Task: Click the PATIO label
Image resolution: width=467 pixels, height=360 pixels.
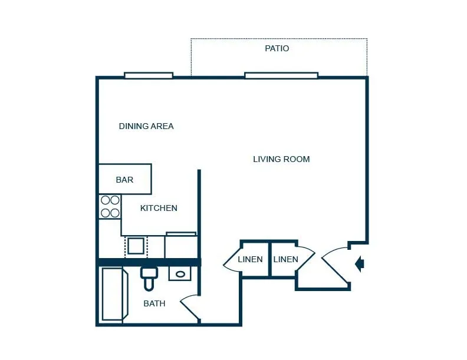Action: pyautogui.click(x=277, y=48)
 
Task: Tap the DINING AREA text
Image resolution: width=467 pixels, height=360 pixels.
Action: pyautogui.click(x=146, y=126)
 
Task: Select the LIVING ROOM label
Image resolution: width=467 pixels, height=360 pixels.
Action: pyautogui.click(x=281, y=159)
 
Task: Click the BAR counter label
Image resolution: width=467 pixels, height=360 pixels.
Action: pyautogui.click(x=124, y=180)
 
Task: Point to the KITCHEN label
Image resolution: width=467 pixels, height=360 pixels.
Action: pyautogui.click(x=159, y=208)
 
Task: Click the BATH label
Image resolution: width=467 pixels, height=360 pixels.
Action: pyautogui.click(x=154, y=303)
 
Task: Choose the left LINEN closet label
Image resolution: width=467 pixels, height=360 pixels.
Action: pyautogui.click(x=250, y=259)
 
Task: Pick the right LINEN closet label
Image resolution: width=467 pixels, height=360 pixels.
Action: pyautogui.click(x=285, y=259)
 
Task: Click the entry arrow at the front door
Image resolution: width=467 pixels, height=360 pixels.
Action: pyautogui.click(x=360, y=263)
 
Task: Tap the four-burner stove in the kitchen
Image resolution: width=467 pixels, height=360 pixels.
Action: pyautogui.click(x=110, y=206)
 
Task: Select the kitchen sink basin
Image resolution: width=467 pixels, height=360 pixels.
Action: pyautogui.click(x=136, y=246)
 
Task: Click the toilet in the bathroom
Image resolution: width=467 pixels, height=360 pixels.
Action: pyautogui.click(x=149, y=278)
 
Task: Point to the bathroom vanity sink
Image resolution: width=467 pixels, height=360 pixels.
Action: pyautogui.click(x=180, y=273)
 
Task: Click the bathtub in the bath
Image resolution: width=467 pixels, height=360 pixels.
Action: pyautogui.click(x=115, y=294)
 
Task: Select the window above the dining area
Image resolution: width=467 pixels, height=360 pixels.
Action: pyautogui.click(x=149, y=75)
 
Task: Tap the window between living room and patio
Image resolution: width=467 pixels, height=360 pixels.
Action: pyautogui.click(x=281, y=75)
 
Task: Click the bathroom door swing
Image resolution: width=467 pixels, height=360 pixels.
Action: pyautogui.click(x=189, y=308)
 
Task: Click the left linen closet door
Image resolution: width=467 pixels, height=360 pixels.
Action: pyautogui.click(x=232, y=259)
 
